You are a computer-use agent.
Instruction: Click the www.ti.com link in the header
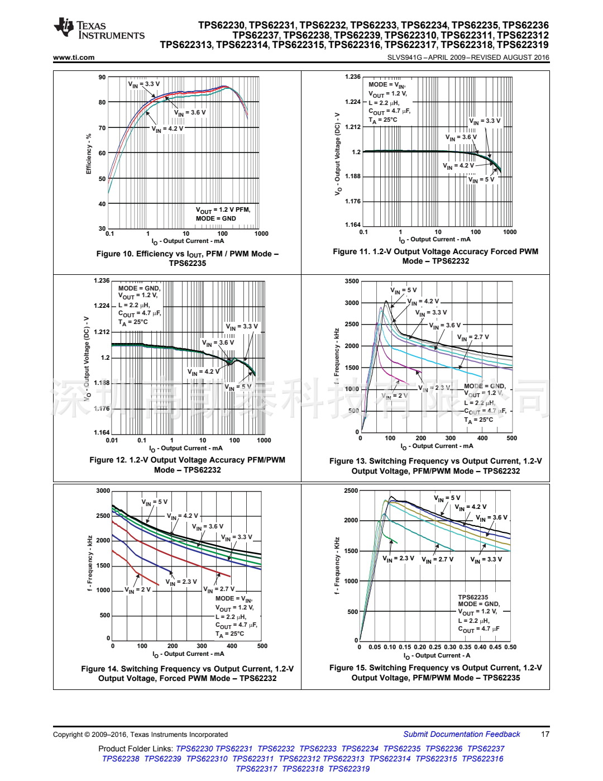coord(74,58)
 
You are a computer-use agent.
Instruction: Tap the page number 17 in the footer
coord(545,734)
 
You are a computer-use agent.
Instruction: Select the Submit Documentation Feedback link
coord(461,734)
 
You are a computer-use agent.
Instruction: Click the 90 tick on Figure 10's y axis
coord(102,77)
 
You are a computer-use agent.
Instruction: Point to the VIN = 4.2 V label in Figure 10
coord(167,129)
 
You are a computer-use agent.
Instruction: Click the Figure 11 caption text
coord(435,256)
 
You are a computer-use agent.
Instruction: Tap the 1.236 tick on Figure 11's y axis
coord(353,77)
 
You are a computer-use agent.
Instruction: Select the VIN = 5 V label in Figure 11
coord(481,180)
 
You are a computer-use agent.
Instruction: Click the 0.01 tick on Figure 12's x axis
coord(112,440)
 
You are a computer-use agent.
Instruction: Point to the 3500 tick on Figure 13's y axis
coord(352,281)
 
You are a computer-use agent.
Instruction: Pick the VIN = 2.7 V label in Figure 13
coord(472,337)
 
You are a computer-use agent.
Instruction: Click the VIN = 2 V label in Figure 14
coord(137,590)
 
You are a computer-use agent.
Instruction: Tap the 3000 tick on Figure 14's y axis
coord(103,490)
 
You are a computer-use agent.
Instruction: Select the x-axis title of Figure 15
coord(437,656)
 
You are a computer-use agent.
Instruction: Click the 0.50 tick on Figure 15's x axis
coord(510,647)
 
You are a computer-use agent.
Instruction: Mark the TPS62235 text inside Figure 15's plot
coord(473,597)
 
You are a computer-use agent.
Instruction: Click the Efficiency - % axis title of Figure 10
coord(88,154)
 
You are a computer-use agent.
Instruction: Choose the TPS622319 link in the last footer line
coord(349,769)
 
